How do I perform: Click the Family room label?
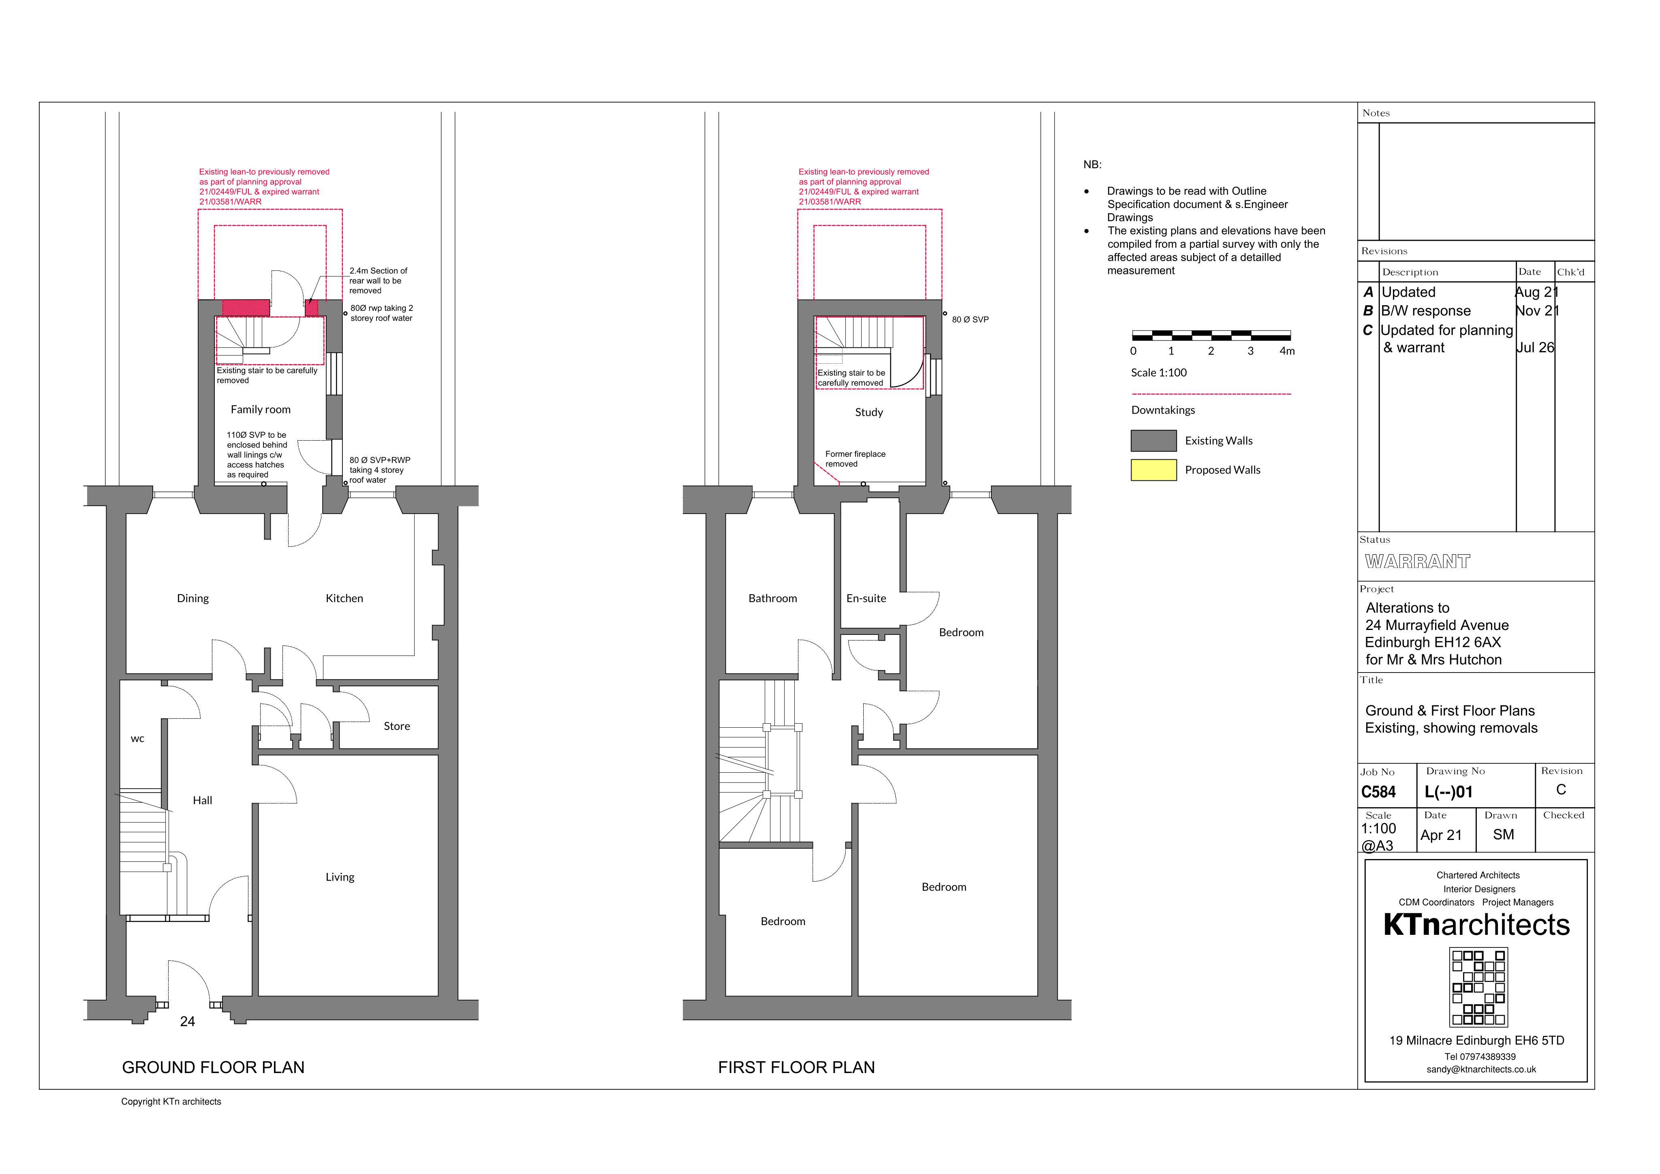(x=260, y=409)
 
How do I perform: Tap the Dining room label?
(x=193, y=598)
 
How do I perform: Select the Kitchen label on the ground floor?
(x=344, y=598)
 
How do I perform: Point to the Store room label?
(x=397, y=726)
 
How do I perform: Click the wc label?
(x=137, y=739)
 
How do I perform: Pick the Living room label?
(x=340, y=877)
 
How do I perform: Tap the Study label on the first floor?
(x=869, y=412)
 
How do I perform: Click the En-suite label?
(x=866, y=598)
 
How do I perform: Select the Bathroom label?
(x=773, y=598)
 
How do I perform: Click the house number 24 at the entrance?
(x=187, y=1022)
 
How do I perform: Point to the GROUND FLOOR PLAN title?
(x=213, y=1068)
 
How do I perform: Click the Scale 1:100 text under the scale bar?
(x=1159, y=373)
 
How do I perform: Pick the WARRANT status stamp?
(x=1417, y=561)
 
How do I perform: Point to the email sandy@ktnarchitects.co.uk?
(x=1481, y=1069)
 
